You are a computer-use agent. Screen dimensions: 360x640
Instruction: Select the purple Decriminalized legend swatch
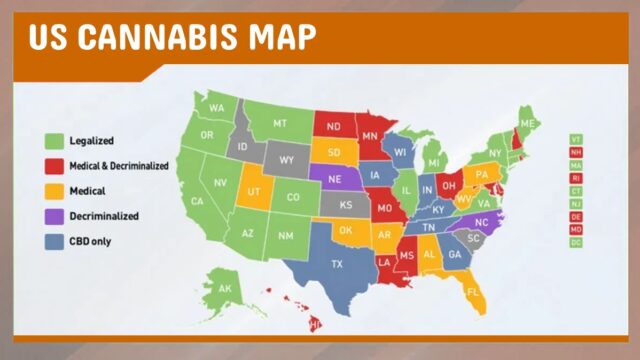point(54,215)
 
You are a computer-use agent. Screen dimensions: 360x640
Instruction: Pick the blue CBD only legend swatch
point(54,240)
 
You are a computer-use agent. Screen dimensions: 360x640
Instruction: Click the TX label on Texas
point(337,264)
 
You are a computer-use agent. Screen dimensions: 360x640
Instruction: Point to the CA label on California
point(198,201)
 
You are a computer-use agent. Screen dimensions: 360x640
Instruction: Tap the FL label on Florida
point(474,291)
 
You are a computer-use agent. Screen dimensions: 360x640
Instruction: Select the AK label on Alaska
point(225,290)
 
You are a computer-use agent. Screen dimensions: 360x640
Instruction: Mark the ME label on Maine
point(527,122)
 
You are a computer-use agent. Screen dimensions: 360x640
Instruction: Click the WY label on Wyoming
point(287,159)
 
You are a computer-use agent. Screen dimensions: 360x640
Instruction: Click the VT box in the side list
point(576,138)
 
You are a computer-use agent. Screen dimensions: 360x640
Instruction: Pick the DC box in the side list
point(576,242)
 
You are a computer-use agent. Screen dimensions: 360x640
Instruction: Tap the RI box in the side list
point(576,177)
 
